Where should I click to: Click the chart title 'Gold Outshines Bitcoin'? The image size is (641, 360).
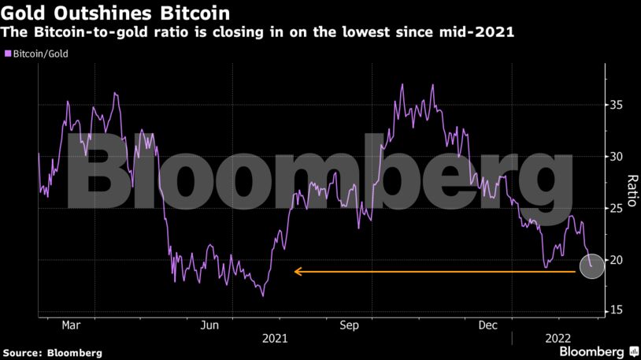click(117, 13)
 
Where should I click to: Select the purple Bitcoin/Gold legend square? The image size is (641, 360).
click(8, 54)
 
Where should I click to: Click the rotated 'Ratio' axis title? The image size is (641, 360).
click(632, 190)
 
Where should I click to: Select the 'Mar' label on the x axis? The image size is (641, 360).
click(72, 325)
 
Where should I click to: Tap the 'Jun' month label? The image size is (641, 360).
click(210, 325)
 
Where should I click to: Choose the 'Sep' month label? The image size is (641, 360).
click(350, 325)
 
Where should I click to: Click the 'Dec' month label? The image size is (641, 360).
click(487, 325)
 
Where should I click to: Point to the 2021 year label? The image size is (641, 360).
click(274, 339)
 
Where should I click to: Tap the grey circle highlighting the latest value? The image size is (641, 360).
click(591, 267)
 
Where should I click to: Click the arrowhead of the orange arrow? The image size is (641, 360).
click(297, 272)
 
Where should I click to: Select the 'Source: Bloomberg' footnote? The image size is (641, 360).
click(52, 353)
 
